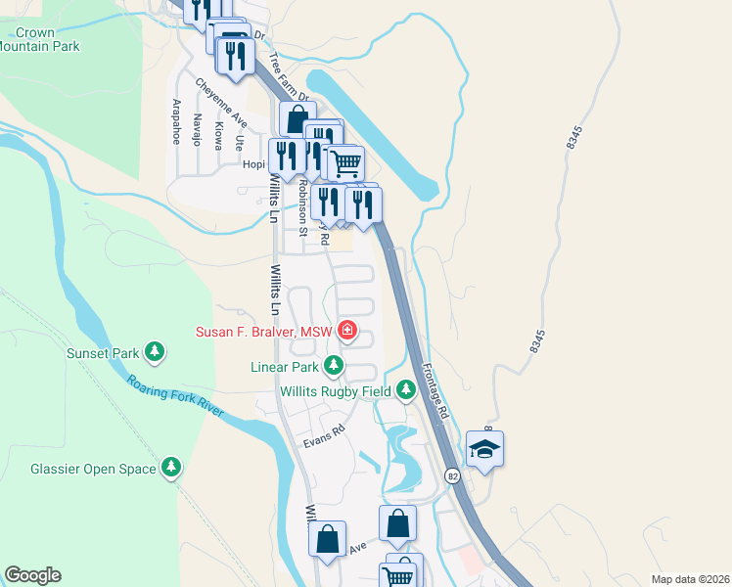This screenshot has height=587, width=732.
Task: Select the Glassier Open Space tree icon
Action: point(172,469)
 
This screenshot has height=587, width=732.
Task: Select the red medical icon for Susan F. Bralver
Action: point(346,332)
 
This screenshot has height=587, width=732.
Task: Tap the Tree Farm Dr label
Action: point(290,76)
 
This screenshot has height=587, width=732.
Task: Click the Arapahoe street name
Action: point(177,121)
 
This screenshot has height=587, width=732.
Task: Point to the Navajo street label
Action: point(198,127)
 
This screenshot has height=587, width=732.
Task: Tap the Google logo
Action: point(32,575)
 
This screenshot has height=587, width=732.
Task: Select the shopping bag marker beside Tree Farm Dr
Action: point(297,118)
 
